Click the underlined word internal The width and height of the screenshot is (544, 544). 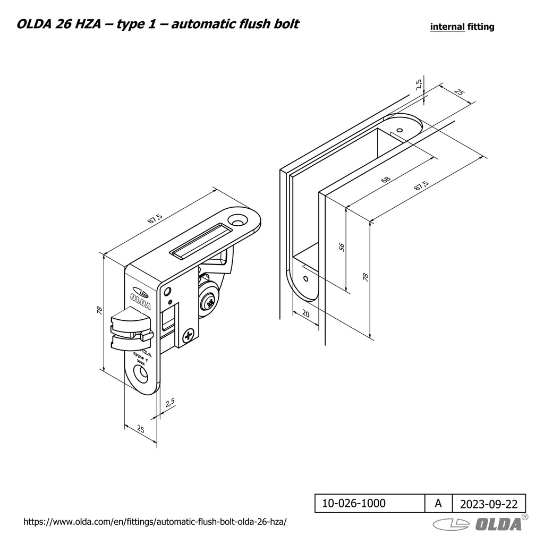tap(447, 27)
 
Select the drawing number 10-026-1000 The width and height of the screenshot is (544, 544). tap(354, 503)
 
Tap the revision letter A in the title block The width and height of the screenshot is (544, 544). tap(438, 503)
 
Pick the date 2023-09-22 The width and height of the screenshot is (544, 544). tap(488, 504)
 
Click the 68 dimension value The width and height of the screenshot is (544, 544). tap(386, 179)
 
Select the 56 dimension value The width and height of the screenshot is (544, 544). tap(342, 247)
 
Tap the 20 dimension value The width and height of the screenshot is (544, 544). tap(305, 313)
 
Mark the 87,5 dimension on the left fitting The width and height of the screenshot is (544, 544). tap(156, 218)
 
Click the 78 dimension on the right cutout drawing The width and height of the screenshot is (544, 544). tap(365, 276)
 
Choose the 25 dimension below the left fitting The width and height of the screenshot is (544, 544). tap(140, 429)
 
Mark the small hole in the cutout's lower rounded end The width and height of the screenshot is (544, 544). tap(305, 278)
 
